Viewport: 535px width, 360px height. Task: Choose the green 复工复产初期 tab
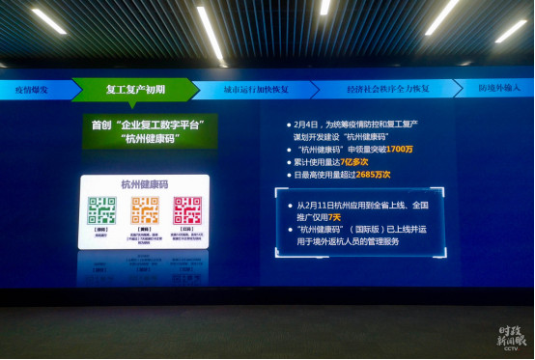click(x=134, y=90)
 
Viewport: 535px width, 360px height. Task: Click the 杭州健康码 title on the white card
click(x=143, y=183)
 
